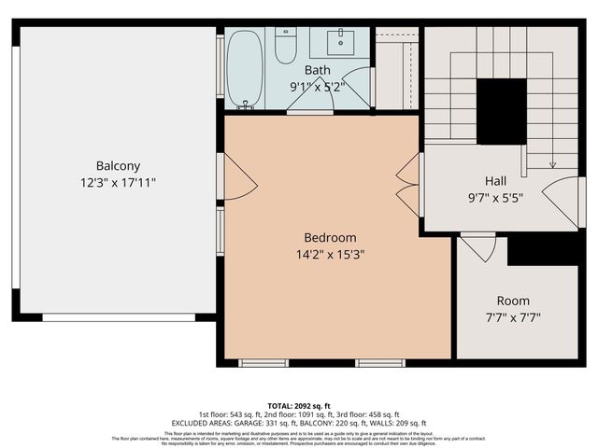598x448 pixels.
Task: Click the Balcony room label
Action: pos(118,166)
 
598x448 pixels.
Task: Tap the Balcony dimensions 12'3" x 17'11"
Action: pos(118,183)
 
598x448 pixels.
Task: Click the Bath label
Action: pos(318,70)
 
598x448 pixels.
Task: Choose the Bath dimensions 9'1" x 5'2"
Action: pos(318,86)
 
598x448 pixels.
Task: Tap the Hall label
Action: pos(495,180)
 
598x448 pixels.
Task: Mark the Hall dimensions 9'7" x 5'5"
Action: pos(495,197)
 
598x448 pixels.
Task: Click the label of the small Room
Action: pos(513,301)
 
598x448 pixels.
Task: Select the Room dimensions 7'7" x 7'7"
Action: pos(513,317)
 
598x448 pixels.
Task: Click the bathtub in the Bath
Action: pos(244,67)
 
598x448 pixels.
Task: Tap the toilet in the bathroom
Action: pos(286,47)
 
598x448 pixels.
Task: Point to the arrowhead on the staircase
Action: pos(551,164)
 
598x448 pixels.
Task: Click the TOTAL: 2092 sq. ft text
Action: pos(299,406)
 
